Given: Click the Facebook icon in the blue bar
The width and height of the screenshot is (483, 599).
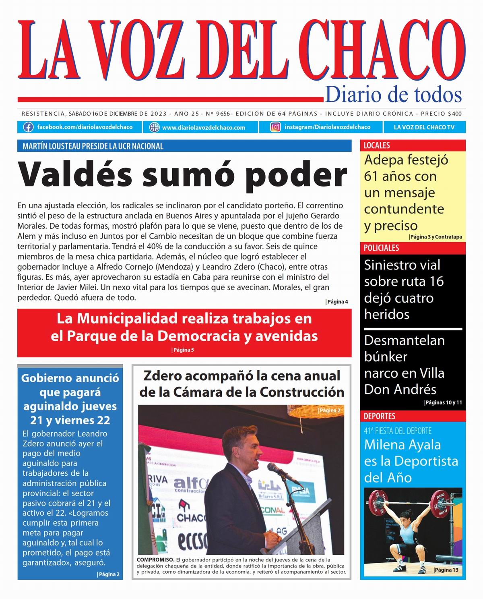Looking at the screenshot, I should pyautogui.click(x=28, y=127).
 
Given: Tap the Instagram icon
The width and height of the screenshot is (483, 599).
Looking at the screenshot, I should pyautogui.click(x=275, y=127).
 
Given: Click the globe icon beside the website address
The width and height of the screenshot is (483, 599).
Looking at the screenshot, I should pyautogui.click(x=155, y=127).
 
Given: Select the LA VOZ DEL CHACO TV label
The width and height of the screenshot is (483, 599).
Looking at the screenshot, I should pyautogui.click(x=424, y=127).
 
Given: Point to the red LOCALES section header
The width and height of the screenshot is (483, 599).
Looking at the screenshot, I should pyautogui.click(x=377, y=145).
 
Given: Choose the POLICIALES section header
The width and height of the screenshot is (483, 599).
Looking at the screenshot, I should pyautogui.click(x=381, y=248).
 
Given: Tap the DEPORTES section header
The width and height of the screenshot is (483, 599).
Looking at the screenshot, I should pyautogui.click(x=380, y=416).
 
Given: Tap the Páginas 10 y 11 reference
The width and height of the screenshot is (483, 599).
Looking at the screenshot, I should pyautogui.click(x=443, y=402).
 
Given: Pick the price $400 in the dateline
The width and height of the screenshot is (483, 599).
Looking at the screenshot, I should pyautogui.click(x=454, y=114).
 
